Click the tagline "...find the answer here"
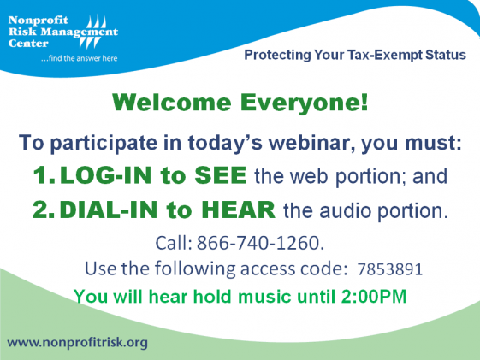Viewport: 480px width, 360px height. pos(80,58)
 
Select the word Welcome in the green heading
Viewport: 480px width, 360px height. pos(172,102)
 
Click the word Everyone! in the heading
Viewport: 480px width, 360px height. pos(304,102)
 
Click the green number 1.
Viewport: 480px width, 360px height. pos(43,175)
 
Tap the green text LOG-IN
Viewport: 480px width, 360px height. pos(105,175)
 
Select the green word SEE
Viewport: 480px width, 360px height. pos(221,175)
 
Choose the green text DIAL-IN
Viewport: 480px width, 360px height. pos(109,210)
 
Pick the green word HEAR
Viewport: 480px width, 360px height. pos(239,210)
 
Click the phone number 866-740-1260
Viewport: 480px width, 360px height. pos(260,243)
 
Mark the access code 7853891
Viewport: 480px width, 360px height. pos(390,269)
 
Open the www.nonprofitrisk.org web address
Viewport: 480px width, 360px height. pos(78,343)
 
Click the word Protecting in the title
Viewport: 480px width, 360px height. pos(277,56)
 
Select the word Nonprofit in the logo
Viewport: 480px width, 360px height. pos(39,21)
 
